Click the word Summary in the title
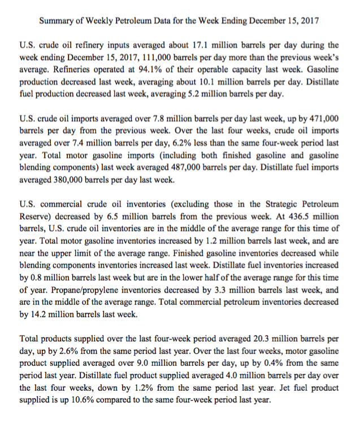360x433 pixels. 58,21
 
